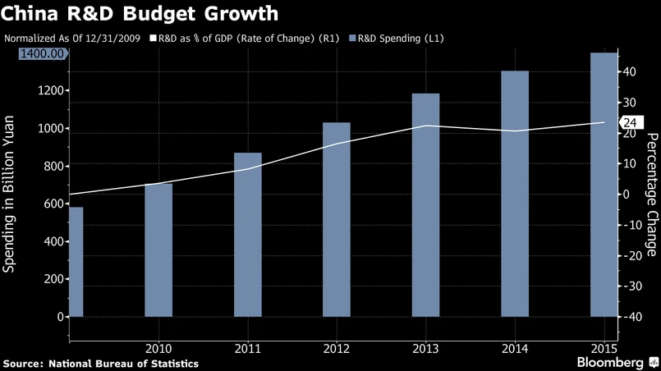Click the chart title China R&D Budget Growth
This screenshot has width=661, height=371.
pyautogui.click(x=140, y=14)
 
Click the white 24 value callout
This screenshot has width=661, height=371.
pyautogui.click(x=630, y=123)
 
